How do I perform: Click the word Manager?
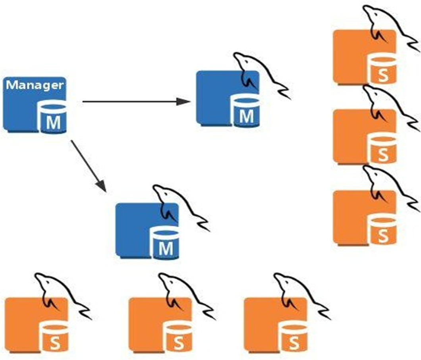(x=35, y=85)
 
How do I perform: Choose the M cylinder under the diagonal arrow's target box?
(x=165, y=244)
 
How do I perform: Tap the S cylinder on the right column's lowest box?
(x=382, y=231)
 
